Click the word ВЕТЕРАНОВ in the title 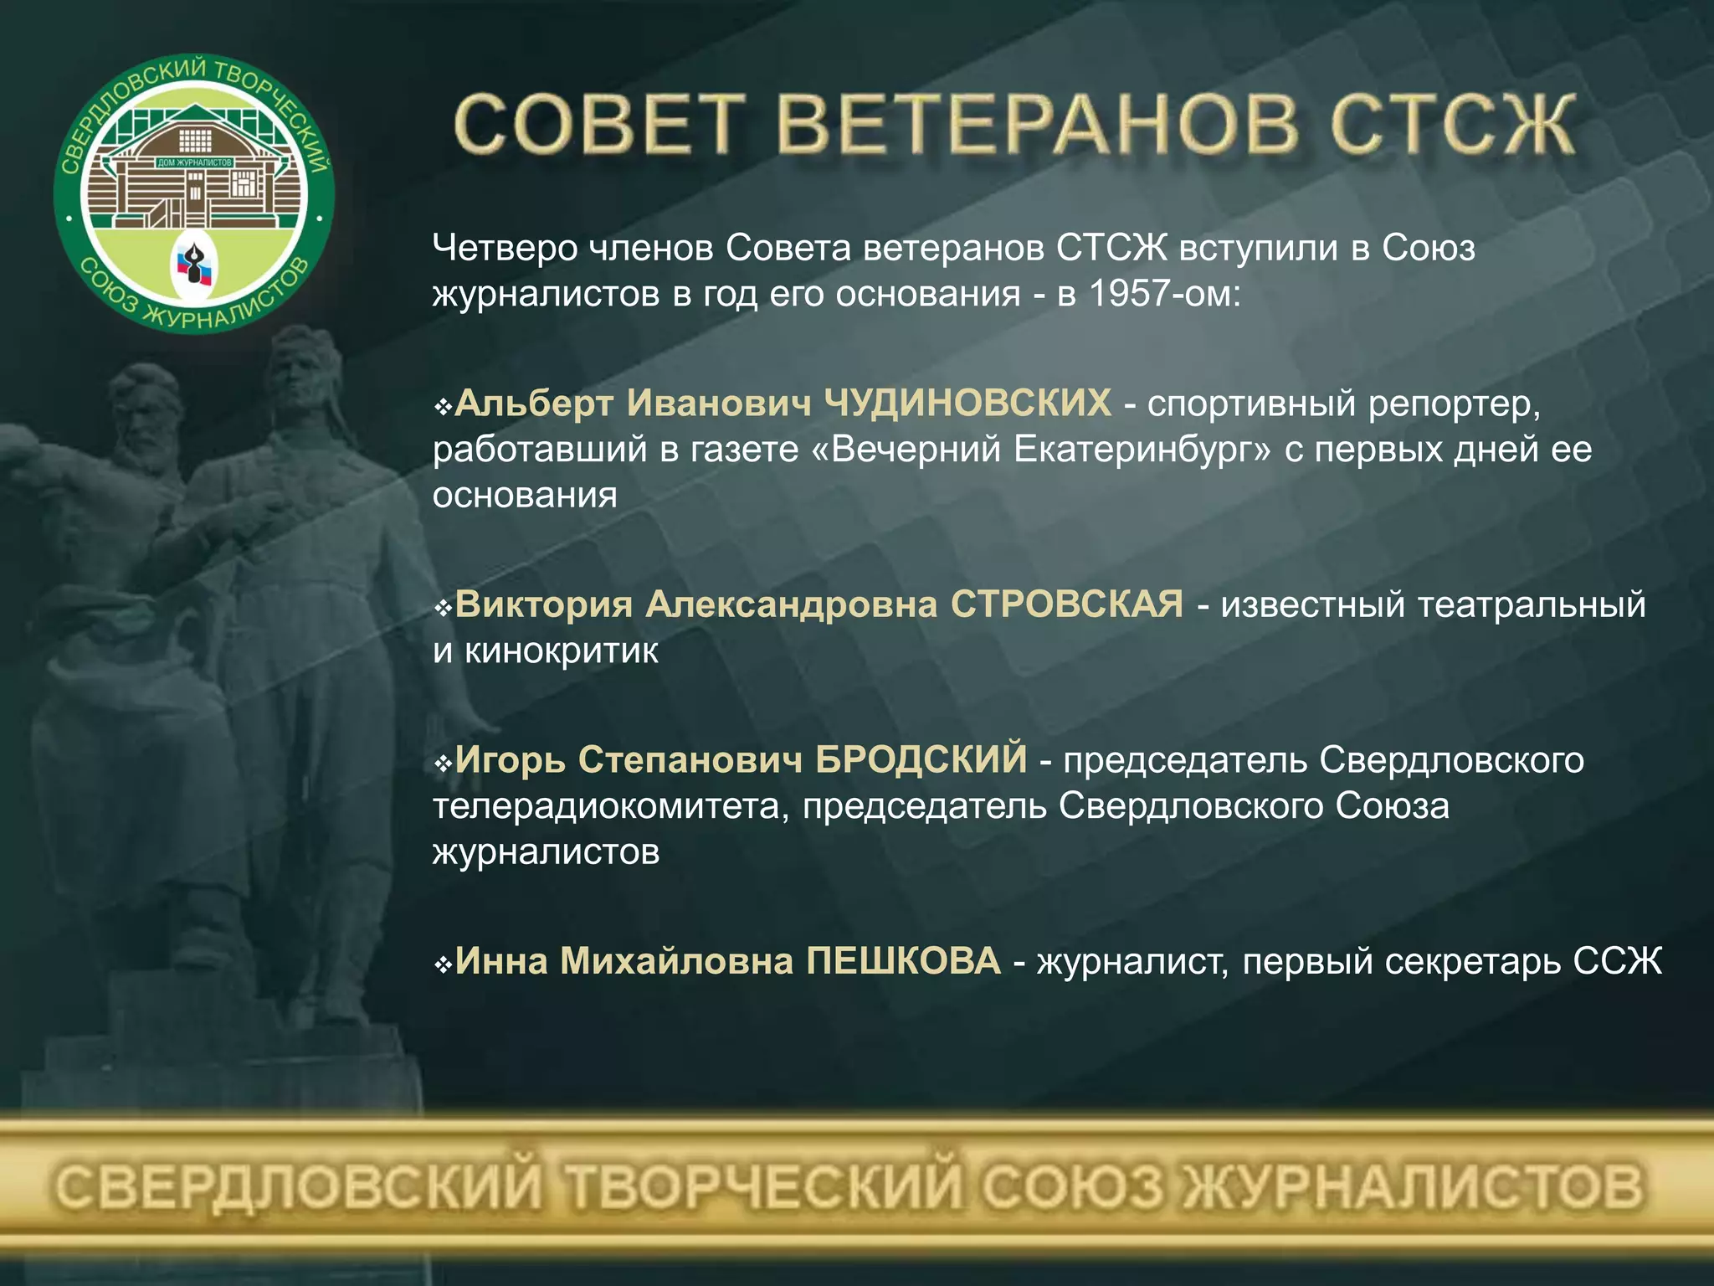tap(1038, 126)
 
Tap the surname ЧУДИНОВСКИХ tap(967, 403)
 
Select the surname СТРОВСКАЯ tap(1066, 604)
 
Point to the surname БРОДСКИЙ tap(921, 759)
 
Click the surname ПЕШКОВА tap(903, 960)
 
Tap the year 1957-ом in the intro tap(1163, 293)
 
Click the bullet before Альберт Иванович tap(443, 407)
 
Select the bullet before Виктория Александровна tap(443, 608)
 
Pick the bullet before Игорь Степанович tap(443, 764)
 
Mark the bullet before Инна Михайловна tap(443, 964)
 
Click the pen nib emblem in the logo tap(194, 264)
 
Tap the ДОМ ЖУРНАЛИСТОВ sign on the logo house tap(194, 162)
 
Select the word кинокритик tap(561, 651)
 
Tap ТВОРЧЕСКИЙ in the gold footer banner tap(762, 1187)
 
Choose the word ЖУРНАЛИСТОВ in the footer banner tap(1414, 1187)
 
